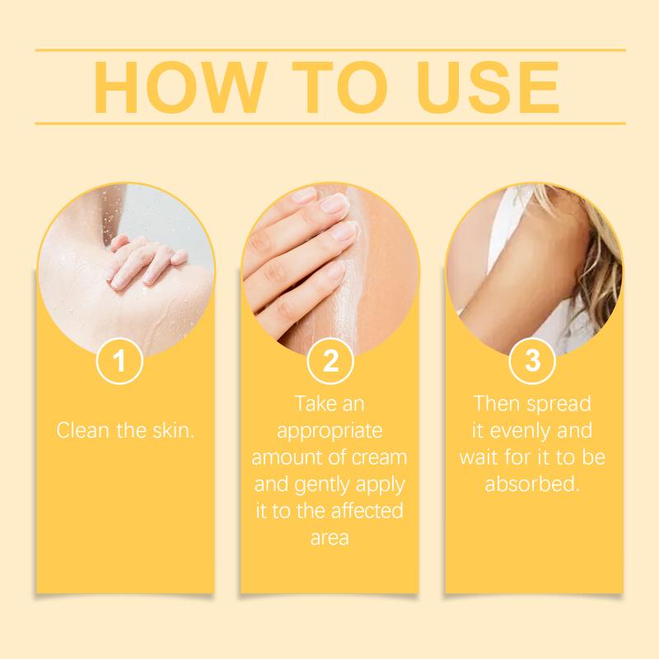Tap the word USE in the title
[x=488, y=87]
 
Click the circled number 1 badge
[x=119, y=361]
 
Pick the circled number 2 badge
[x=330, y=361]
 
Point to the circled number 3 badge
[x=532, y=361]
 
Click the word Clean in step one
[x=83, y=430]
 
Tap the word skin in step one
[x=173, y=430]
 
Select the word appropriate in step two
[x=330, y=432]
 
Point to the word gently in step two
[x=323, y=485]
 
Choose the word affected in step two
[x=367, y=511]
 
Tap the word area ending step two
[x=330, y=539]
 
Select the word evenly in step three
[x=521, y=432]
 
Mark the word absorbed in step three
[x=532, y=484]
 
